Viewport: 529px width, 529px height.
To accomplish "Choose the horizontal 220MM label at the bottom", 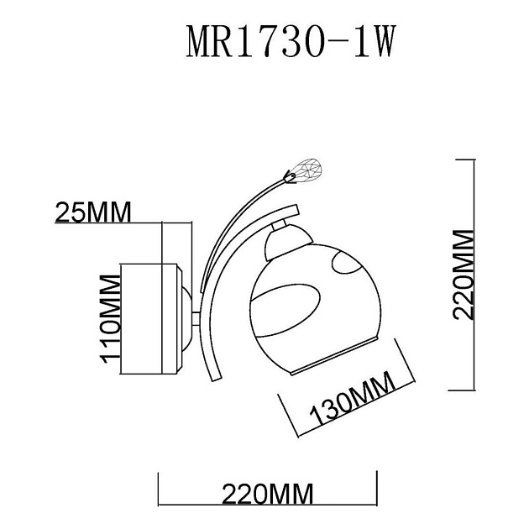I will [267, 493].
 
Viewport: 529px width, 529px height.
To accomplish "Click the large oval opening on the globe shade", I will [285, 309].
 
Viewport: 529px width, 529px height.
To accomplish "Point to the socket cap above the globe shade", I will [280, 244].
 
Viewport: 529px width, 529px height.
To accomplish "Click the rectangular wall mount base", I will [151, 319].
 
